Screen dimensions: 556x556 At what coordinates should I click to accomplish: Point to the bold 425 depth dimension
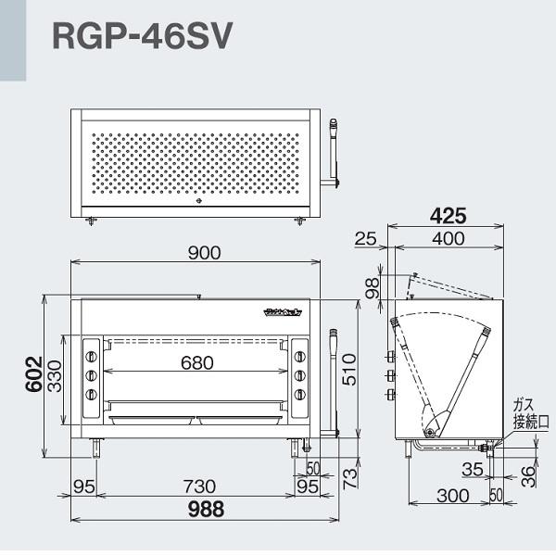pyautogui.click(x=448, y=215)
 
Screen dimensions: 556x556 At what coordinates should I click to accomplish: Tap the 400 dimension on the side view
pyautogui.click(x=448, y=239)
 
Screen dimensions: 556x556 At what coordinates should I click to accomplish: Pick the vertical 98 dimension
pyautogui.click(x=372, y=288)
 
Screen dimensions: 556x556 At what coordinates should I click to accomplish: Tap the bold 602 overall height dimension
pyautogui.click(x=32, y=375)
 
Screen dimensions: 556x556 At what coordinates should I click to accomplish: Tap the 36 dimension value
pyautogui.click(x=529, y=475)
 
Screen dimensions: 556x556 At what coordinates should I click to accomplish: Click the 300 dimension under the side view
pyautogui.click(x=451, y=496)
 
